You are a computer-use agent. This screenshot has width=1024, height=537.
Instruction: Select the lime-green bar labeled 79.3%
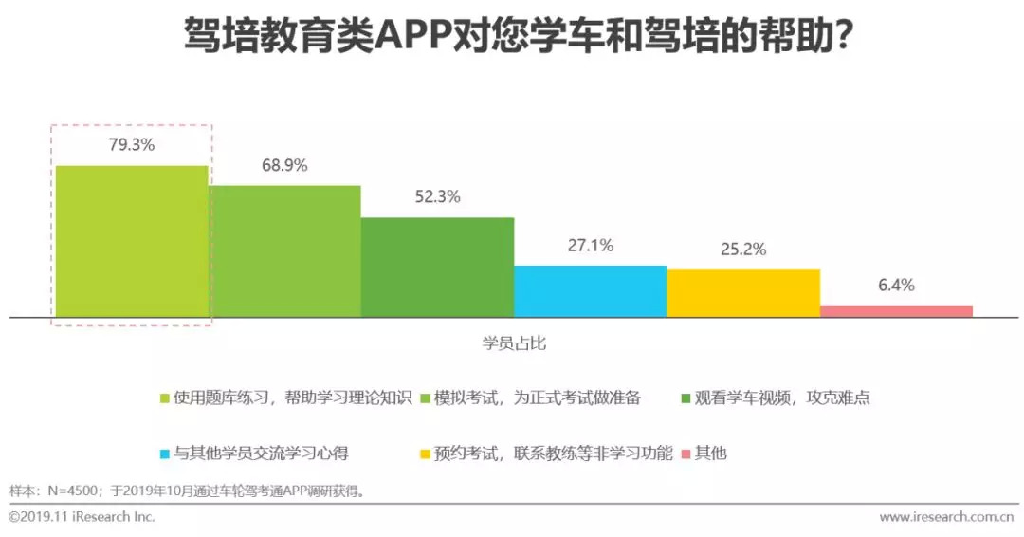[132, 241]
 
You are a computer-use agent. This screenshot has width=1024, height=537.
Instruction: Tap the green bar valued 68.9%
[284, 250]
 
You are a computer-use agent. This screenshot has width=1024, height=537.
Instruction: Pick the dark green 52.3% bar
[437, 267]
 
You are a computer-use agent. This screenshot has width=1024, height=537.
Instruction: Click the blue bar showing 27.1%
[590, 290]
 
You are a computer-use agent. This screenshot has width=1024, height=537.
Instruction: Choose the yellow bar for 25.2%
[742, 292]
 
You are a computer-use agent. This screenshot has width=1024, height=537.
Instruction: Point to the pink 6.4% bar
[896, 310]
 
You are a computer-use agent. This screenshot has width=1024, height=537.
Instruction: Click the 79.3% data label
[132, 145]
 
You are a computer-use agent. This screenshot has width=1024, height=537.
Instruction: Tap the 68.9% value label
[284, 165]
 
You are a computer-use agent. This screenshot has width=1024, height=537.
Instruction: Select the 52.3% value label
[437, 197]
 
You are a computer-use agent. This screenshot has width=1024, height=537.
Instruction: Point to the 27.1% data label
[590, 246]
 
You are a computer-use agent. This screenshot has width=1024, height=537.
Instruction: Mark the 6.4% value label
[896, 286]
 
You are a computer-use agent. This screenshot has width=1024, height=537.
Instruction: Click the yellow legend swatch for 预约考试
[425, 454]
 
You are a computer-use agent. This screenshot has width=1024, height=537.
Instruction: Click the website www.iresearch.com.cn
[945, 517]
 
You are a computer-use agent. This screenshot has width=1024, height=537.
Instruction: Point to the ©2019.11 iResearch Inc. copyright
[82, 517]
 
